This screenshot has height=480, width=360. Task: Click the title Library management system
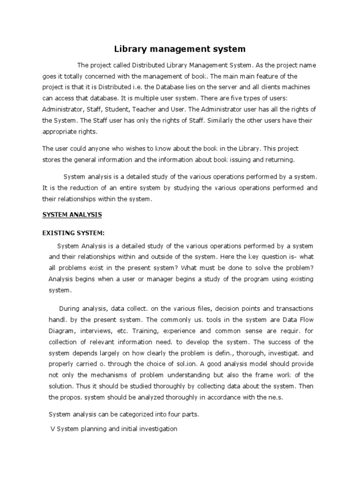click(180, 48)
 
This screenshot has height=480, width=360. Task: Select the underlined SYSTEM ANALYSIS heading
click(72, 215)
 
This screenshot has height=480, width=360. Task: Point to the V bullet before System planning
click(52, 429)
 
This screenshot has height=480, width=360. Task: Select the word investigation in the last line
click(156, 429)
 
